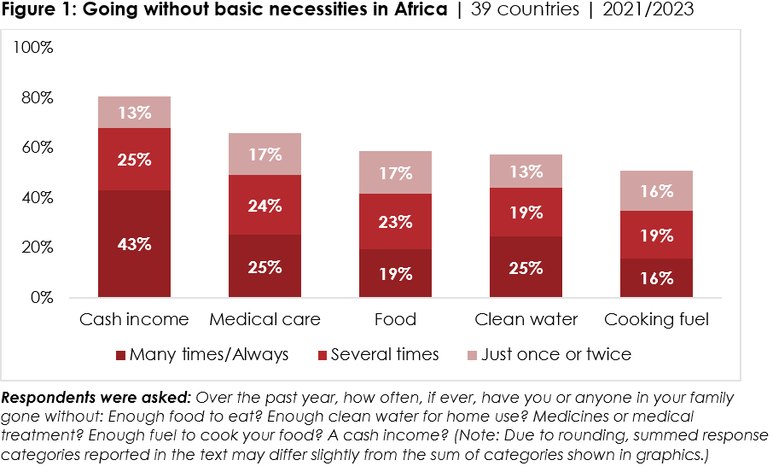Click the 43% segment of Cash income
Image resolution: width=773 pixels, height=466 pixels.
(x=135, y=244)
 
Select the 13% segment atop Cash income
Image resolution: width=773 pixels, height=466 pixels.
(x=135, y=112)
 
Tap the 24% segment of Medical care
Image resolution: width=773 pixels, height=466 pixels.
(x=265, y=205)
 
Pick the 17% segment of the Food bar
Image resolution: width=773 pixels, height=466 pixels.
(x=395, y=172)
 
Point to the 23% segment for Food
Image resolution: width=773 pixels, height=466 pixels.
(x=395, y=222)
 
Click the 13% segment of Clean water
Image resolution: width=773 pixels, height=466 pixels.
(x=526, y=171)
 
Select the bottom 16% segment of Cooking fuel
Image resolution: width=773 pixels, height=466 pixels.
(x=656, y=278)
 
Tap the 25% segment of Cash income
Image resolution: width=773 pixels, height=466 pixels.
(x=135, y=159)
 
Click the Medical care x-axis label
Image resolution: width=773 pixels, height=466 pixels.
(x=265, y=320)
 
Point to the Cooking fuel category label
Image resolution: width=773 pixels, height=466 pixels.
(x=656, y=320)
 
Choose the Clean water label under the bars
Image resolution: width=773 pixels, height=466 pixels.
(x=526, y=320)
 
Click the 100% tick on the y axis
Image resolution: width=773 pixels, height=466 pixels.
(x=34, y=48)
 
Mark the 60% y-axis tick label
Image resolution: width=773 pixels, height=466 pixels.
(x=38, y=148)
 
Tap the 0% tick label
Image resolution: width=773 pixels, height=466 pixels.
(x=41, y=298)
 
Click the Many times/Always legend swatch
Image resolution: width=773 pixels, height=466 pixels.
(x=120, y=355)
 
